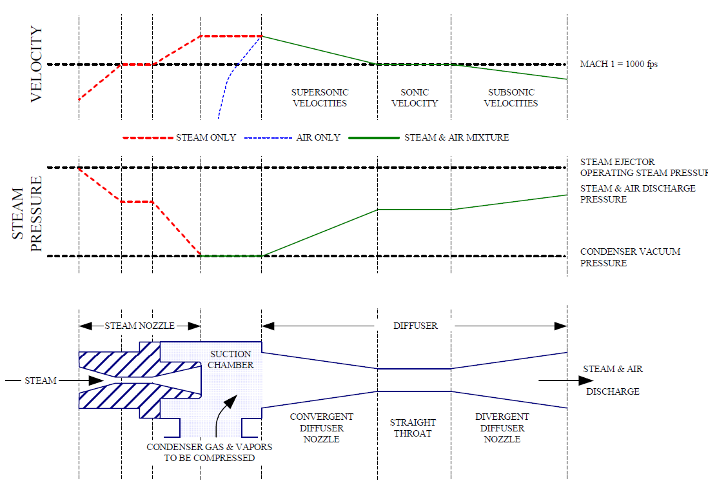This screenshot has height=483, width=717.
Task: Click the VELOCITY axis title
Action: tap(36, 64)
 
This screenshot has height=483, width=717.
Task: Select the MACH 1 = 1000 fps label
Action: tap(618, 64)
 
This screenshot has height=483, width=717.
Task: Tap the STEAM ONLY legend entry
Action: tap(206, 137)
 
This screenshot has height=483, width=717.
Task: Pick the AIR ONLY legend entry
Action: tap(314, 137)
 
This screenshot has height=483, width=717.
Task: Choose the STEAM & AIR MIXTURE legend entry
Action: tap(456, 137)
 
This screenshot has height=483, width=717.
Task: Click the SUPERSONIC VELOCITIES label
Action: tap(319, 98)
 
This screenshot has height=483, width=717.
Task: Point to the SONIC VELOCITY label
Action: tap(415, 98)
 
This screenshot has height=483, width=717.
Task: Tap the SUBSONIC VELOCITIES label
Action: tap(511, 98)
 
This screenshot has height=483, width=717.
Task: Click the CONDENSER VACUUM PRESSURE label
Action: tap(630, 257)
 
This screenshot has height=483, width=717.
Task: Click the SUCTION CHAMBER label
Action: tap(231, 360)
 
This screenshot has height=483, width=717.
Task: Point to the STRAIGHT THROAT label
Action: tap(413, 428)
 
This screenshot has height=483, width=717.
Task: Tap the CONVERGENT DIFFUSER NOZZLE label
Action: tap(321, 428)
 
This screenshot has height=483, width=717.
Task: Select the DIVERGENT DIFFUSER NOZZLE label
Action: tap(502, 428)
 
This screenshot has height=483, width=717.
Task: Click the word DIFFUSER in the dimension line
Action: tap(415, 326)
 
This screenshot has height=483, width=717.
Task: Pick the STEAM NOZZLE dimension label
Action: tap(139, 326)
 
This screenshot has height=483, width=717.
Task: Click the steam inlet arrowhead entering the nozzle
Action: tap(97, 380)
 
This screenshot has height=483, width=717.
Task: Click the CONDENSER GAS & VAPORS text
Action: tap(209, 447)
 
